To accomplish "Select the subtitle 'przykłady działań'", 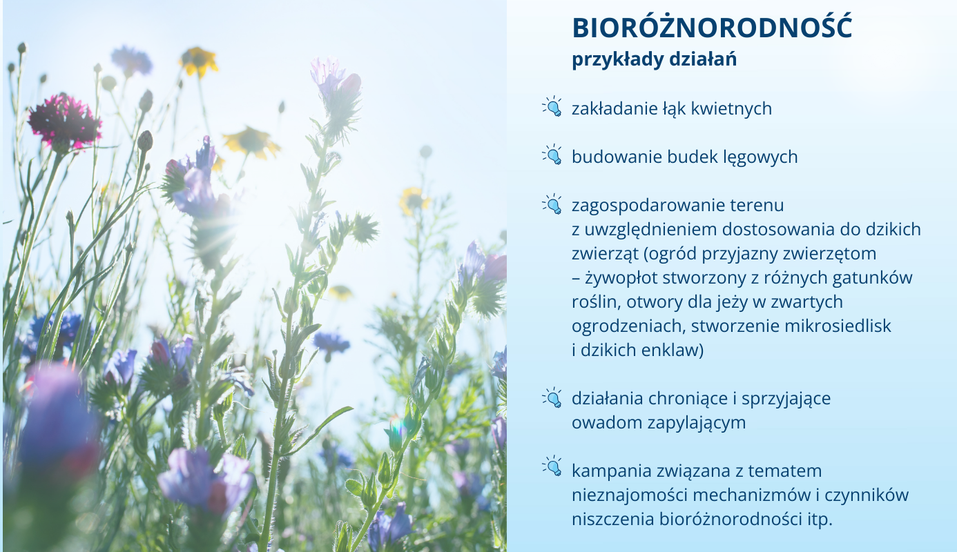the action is (654, 59).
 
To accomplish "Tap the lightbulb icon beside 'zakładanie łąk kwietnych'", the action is (552, 106).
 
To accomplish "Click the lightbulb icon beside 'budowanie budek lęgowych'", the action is (552, 155).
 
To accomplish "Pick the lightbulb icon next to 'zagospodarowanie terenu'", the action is (552, 204).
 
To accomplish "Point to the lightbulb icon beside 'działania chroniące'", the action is (552, 397).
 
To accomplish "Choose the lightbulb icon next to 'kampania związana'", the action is (552, 466).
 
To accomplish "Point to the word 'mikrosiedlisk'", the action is (838, 326).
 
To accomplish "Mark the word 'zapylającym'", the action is (697, 423).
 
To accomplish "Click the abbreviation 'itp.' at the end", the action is (820, 520).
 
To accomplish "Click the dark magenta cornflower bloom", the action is (64, 121).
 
